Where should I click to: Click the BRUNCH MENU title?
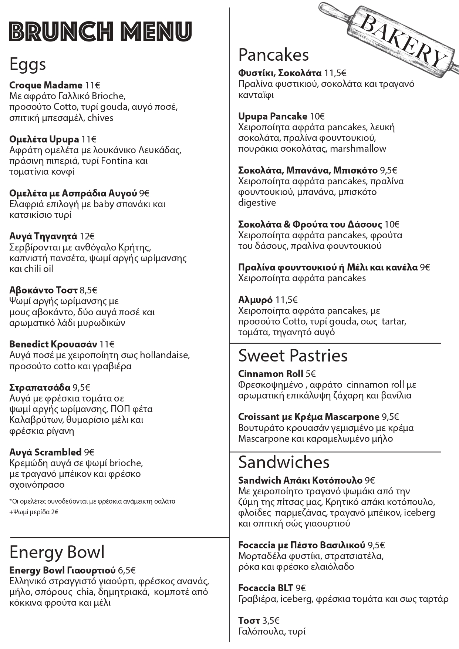(100, 31)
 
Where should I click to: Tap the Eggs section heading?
(27, 64)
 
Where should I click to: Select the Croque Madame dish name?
(45, 85)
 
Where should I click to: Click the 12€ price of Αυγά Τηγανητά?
(87, 236)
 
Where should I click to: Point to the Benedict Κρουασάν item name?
(53, 344)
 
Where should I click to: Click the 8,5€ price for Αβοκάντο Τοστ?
(88, 290)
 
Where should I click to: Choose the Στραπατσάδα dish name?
(40, 387)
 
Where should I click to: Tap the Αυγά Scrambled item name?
(45, 452)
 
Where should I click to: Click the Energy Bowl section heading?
(57, 552)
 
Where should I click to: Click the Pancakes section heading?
(273, 55)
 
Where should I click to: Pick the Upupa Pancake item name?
(273, 117)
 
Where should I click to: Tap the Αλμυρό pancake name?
(255, 300)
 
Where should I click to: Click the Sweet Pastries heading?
(293, 356)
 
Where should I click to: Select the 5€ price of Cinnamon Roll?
(311, 374)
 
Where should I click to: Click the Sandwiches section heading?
(284, 462)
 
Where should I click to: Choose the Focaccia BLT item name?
(266, 588)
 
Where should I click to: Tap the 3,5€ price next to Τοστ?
(271, 621)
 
